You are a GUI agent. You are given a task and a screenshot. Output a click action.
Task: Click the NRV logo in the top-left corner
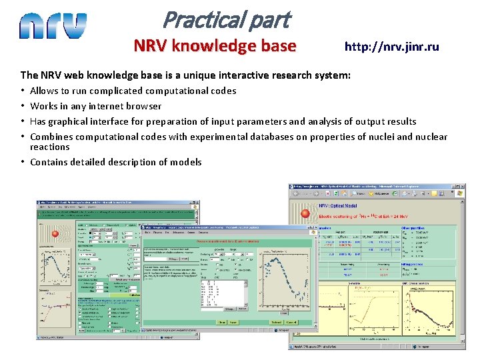coord(53,26)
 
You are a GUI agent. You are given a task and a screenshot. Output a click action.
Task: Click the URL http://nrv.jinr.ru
coord(391,47)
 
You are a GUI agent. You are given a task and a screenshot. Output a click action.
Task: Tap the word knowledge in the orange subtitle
coord(213,46)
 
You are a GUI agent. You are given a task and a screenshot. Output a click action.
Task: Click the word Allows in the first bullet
coord(44,91)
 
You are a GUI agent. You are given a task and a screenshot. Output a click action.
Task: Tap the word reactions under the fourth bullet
coord(50,147)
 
